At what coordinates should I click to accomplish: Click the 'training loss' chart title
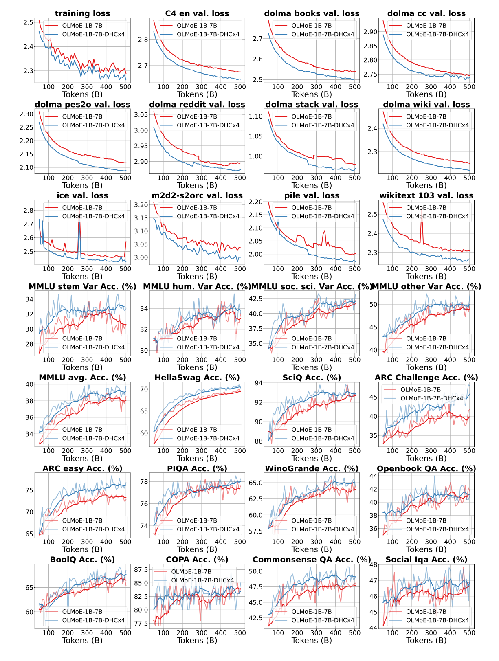[x=82, y=13]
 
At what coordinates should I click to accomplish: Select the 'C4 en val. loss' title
[x=197, y=13]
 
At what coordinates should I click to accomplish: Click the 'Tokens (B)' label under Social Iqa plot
[x=426, y=640]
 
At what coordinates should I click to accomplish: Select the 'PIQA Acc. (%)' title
[x=197, y=468]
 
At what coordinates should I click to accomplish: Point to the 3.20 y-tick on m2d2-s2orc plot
[x=142, y=205]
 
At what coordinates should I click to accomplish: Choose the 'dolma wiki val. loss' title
[x=426, y=105]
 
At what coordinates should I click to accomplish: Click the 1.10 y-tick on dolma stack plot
[x=257, y=116]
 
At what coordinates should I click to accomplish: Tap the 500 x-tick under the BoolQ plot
[x=125, y=632]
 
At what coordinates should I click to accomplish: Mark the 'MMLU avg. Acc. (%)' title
[x=82, y=378]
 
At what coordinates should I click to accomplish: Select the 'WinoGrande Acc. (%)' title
[x=312, y=468]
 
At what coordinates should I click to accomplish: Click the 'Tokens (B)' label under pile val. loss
[x=312, y=276]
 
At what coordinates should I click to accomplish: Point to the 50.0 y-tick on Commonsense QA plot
[x=257, y=571]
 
